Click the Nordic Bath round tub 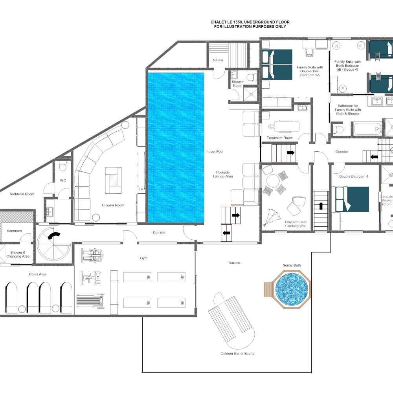[292, 289]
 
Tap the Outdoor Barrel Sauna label [237, 354]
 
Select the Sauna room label [218, 60]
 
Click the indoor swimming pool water [176, 147]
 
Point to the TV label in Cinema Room [141, 189]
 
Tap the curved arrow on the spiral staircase [54, 236]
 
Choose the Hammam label [14, 231]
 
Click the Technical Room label [22, 194]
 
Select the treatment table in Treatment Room [284, 126]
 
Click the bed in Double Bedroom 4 [352, 199]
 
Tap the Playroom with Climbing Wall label [296, 224]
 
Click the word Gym [144, 258]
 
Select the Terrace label [234, 263]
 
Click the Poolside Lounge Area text [223, 174]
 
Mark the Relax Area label [38, 274]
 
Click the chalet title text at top [250, 24]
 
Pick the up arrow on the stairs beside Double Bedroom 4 [321, 206]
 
